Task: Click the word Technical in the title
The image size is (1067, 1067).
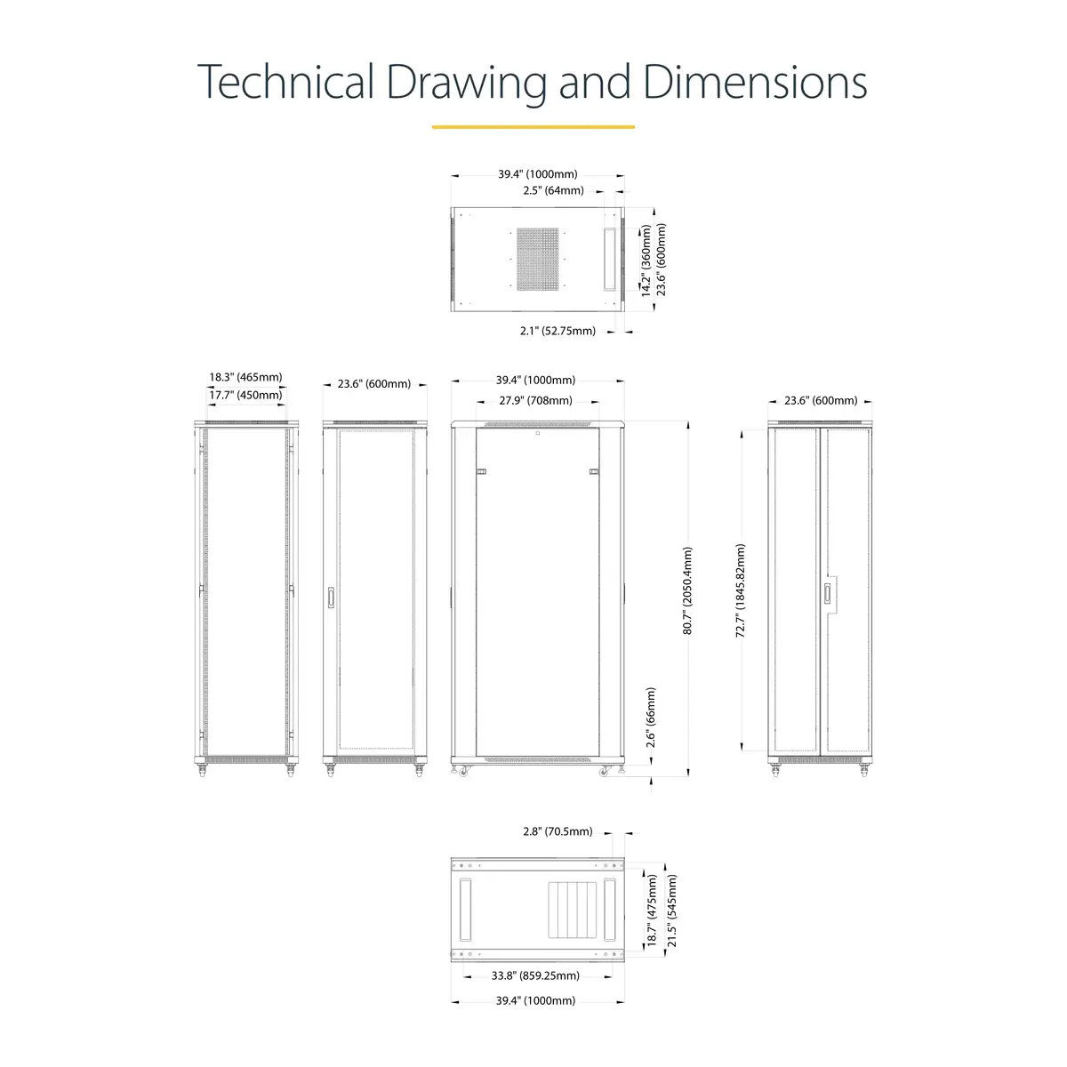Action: point(285,82)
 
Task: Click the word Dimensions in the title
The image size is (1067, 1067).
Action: point(755,82)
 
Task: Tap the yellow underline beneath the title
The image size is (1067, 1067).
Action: point(533,127)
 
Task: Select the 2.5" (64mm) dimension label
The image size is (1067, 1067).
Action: point(553,190)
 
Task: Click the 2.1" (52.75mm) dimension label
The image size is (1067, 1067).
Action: point(558,331)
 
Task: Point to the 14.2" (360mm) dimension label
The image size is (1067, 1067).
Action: point(646,261)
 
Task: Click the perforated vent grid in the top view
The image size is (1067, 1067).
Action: point(537,259)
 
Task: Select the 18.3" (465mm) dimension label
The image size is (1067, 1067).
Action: point(245,377)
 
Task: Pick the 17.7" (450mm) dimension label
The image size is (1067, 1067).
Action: point(245,395)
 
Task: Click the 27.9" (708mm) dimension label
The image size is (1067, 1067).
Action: point(535,400)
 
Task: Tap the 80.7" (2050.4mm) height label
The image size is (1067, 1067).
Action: point(687,590)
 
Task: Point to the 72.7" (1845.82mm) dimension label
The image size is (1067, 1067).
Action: point(741,590)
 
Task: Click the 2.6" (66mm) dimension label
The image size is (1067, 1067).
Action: point(651,717)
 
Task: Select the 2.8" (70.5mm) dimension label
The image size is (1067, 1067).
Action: point(558,831)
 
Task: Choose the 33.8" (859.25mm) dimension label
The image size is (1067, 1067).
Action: point(535,975)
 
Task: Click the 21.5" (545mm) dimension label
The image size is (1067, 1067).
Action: point(671,911)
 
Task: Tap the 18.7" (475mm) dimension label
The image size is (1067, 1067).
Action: point(652,911)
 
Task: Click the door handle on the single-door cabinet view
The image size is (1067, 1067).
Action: point(331,598)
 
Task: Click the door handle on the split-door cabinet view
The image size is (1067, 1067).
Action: point(827,593)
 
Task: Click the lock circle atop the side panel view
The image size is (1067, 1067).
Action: point(538,433)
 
